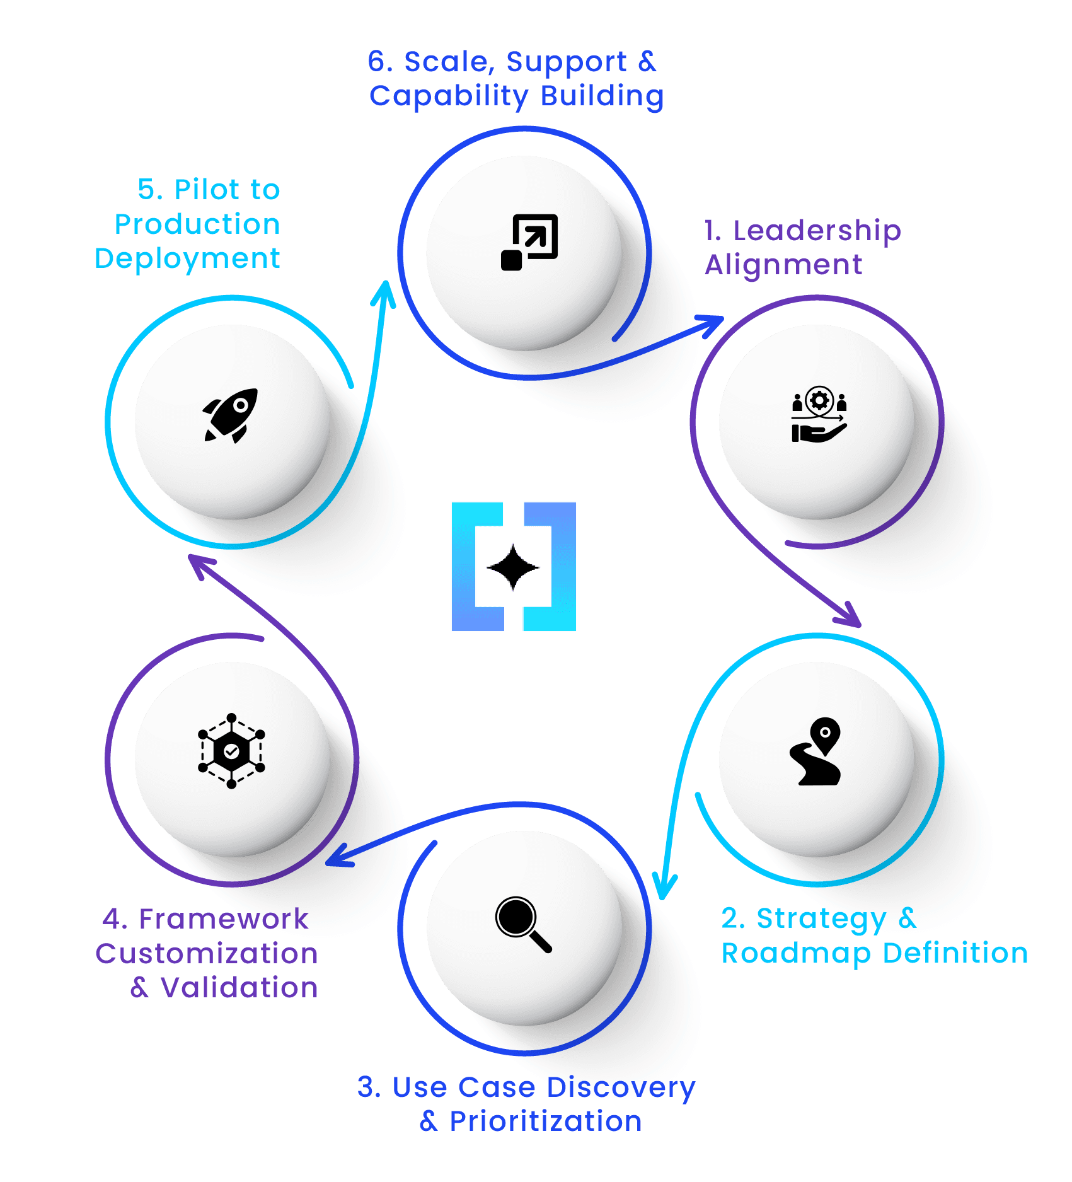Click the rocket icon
pos(231,415)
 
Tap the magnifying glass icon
pos(523,924)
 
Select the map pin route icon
pos(816,751)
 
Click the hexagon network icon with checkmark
pos(231,751)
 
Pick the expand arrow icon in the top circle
pos(529,242)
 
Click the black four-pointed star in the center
pos(513,567)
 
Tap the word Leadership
pos(817,231)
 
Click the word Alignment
pos(783,265)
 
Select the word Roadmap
pos(796,953)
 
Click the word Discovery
pos(621,1087)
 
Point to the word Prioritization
pos(545,1121)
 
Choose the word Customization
pos(207,953)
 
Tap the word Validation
pos(239,987)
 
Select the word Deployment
pos(187,258)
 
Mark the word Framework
pos(224,919)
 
